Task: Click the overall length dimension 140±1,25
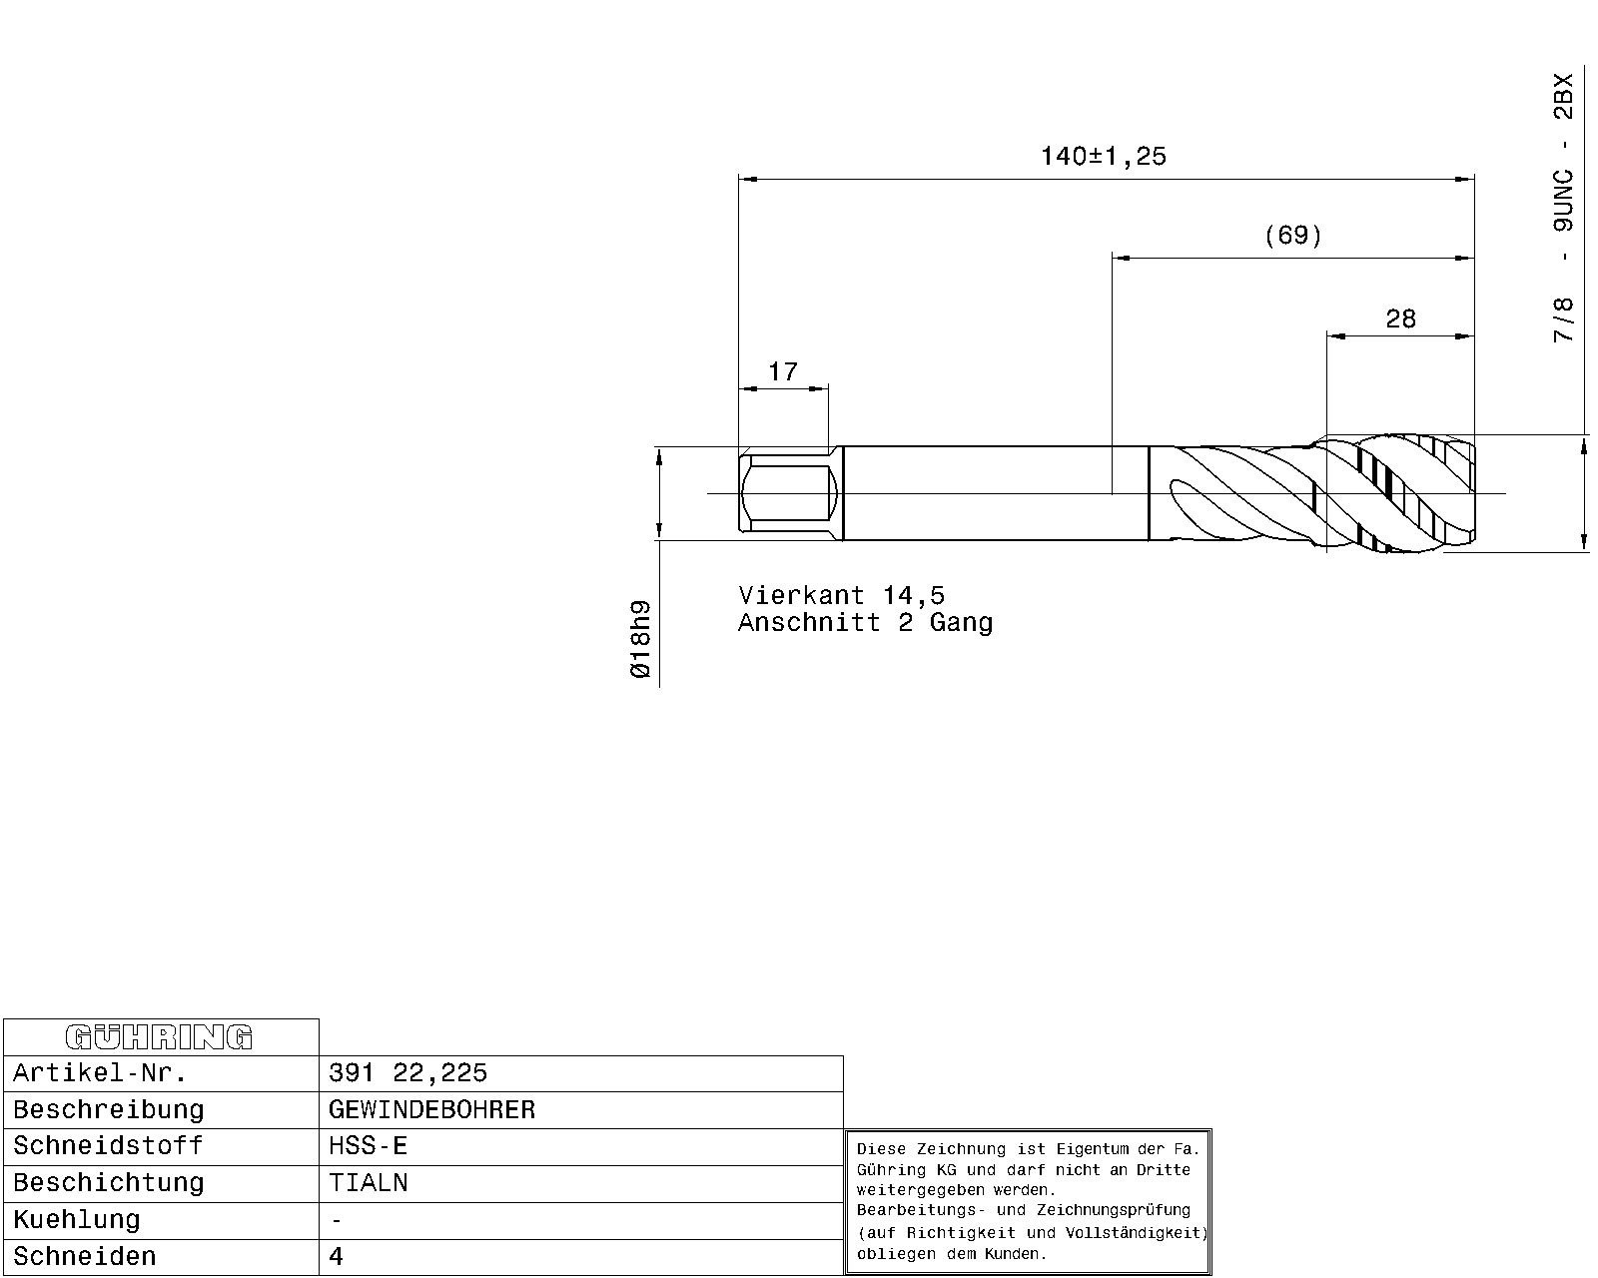coord(1104,156)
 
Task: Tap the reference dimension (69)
coord(1292,236)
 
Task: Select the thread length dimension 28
coord(1400,319)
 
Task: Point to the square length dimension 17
coord(783,371)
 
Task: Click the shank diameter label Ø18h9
coord(640,639)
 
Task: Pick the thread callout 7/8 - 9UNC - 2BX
coord(1562,208)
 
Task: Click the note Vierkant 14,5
coord(841,595)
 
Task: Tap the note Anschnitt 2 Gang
coord(865,622)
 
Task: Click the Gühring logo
coord(159,1036)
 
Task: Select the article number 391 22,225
coord(407,1072)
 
